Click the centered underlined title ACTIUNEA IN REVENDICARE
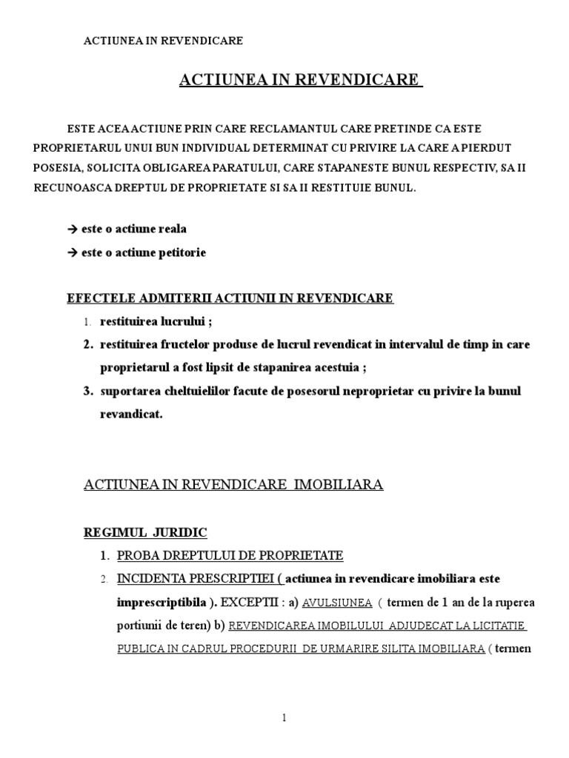coord(300,79)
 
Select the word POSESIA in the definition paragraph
coord(55,168)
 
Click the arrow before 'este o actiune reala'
coord(72,229)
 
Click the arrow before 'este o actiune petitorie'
coord(72,252)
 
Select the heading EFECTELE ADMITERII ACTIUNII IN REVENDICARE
coord(230,298)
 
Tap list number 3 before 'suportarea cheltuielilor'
coord(87,391)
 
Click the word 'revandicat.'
coord(130,414)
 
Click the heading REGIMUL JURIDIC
coord(145,531)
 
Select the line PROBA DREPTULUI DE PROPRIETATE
coord(222,555)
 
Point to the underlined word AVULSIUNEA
coord(337,603)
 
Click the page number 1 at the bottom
coord(284,717)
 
